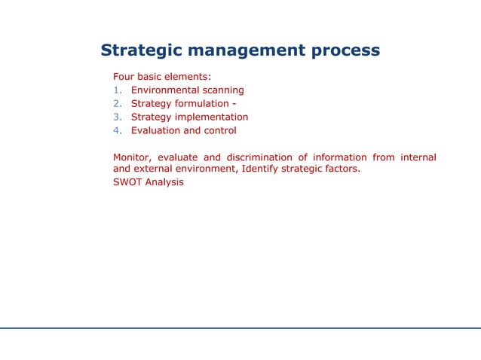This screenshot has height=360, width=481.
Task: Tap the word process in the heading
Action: pos(344,51)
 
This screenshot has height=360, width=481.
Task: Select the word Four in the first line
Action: pos(124,77)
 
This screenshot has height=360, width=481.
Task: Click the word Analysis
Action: pos(164,182)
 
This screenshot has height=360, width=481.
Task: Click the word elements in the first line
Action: pos(188,77)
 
